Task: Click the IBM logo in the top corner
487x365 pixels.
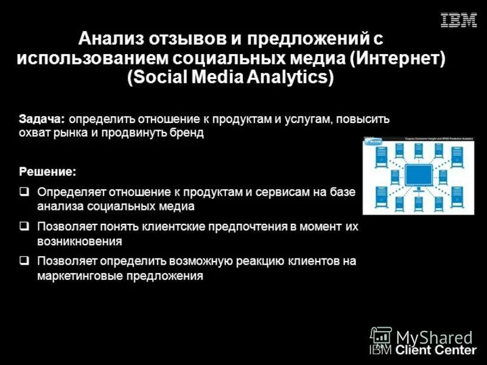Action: (458, 21)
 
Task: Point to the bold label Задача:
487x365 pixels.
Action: (44, 119)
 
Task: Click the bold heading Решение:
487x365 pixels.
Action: (47, 172)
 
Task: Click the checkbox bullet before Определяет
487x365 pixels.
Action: (24, 192)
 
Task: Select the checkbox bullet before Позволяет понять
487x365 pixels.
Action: (24, 226)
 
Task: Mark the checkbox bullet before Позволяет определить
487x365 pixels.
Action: (24, 261)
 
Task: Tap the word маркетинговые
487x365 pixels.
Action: (80, 276)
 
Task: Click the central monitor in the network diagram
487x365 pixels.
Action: (419, 175)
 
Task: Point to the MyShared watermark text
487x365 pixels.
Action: (434, 337)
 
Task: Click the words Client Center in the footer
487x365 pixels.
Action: (436, 350)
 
